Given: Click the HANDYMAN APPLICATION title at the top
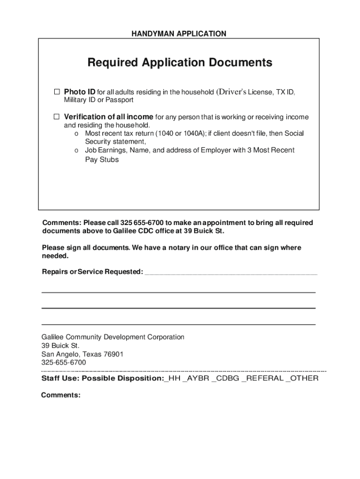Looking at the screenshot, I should pyautogui.click(x=179, y=34).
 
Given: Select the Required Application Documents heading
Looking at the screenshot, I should pyautogui.click(x=180, y=63).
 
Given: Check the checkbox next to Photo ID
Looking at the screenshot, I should pyautogui.click(x=57, y=91).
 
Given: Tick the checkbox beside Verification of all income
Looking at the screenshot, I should pyautogui.click(x=57, y=116).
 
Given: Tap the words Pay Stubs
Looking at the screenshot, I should pyautogui.click(x=102, y=160).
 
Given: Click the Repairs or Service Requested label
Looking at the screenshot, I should pyautogui.click(x=93, y=272).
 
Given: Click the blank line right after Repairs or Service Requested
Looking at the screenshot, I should pyautogui.click(x=231, y=273).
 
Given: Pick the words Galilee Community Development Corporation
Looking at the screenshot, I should pyautogui.click(x=113, y=337).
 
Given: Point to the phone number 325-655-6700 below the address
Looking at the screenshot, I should pyautogui.click(x=64, y=363).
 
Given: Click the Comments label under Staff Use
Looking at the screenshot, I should pyautogui.click(x=61, y=395).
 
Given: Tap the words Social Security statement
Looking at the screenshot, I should pyautogui.click(x=115, y=141).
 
